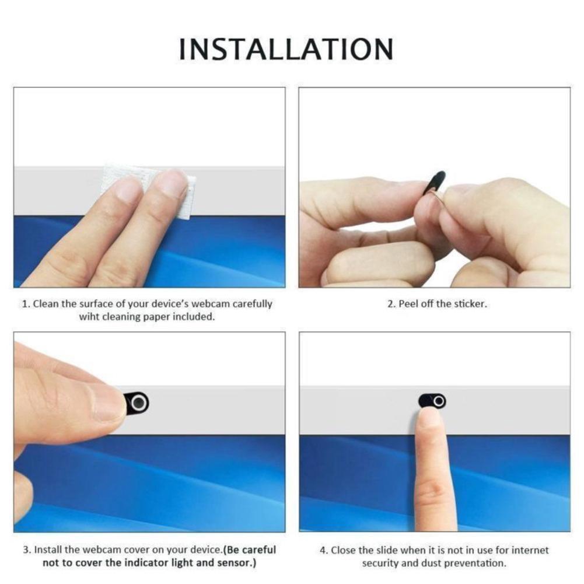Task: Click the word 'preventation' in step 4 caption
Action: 475,564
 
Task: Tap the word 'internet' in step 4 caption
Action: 531,550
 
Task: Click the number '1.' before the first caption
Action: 26,304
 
